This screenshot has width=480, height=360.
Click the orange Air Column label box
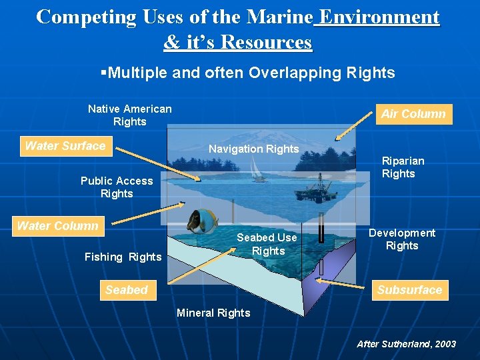click(x=413, y=114)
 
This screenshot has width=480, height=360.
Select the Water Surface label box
click(x=65, y=146)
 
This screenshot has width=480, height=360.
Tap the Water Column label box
click(x=57, y=226)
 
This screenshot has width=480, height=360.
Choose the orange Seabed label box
click(x=126, y=290)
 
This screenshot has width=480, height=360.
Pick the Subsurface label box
click(x=409, y=290)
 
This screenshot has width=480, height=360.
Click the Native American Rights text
click(x=129, y=115)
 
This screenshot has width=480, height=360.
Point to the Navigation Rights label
click(x=253, y=149)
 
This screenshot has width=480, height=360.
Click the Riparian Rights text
click(x=403, y=167)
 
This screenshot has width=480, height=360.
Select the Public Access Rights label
click(x=117, y=187)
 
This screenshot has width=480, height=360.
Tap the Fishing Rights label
click(x=123, y=257)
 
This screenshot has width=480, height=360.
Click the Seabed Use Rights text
click(x=267, y=244)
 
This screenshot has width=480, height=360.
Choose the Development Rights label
click(x=402, y=239)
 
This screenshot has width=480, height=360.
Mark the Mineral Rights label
click(x=213, y=313)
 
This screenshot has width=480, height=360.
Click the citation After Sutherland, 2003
click(x=406, y=344)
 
